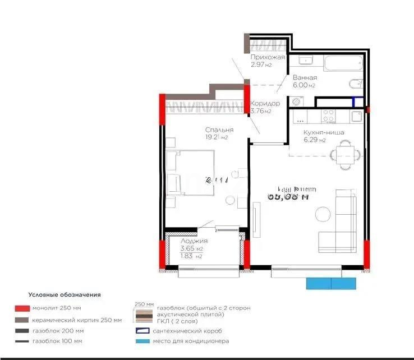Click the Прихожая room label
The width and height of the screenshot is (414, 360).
pos(268,57)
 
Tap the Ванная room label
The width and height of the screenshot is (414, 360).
pos(305,78)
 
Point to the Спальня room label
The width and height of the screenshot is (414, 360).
pos(219,130)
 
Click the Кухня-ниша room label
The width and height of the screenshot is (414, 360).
pos(324,133)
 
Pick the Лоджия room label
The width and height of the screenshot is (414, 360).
pos(190,241)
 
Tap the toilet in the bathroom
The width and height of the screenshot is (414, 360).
pos(355,85)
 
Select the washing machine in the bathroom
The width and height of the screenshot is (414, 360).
pos(297,101)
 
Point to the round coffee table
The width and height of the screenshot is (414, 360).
pos(323,213)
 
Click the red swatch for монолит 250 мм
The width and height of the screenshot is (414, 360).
pos(22,308)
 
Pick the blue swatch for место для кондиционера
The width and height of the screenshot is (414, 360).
pos(142,341)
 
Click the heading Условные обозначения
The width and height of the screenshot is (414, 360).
pos(65,294)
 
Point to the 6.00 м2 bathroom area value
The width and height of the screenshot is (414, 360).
pos(304,85)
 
